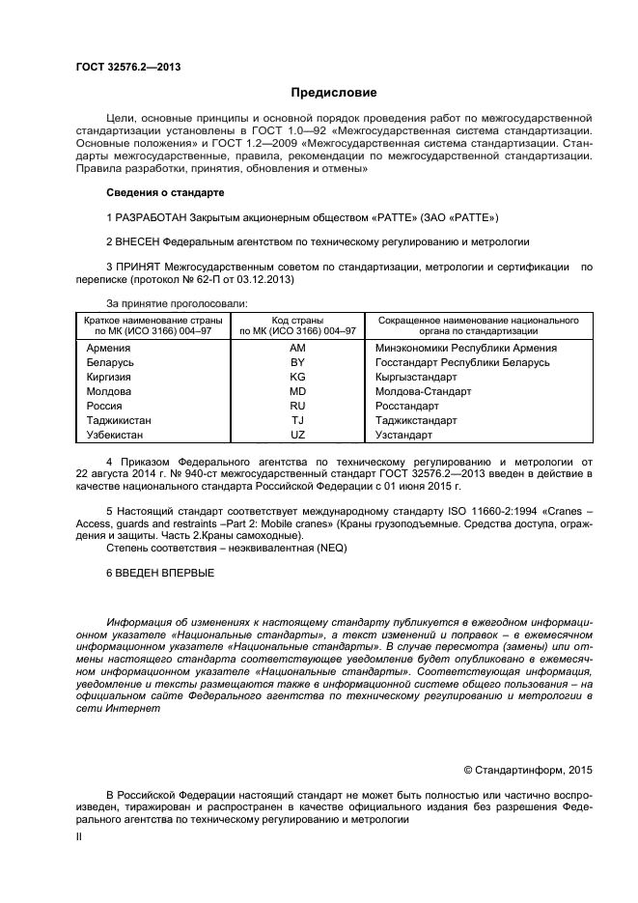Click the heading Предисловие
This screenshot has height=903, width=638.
point(334,93)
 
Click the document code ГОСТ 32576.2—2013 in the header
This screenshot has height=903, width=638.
point(128,67)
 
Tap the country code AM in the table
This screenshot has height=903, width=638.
point(297,348)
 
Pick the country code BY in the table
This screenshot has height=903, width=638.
point(297,362)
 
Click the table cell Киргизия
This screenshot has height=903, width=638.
point(109,377)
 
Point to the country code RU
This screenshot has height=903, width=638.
point(297,406)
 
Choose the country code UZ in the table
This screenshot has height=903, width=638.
point(297,435)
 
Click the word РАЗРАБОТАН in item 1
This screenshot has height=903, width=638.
point(153,216)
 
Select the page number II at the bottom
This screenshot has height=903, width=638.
point(80,837)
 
